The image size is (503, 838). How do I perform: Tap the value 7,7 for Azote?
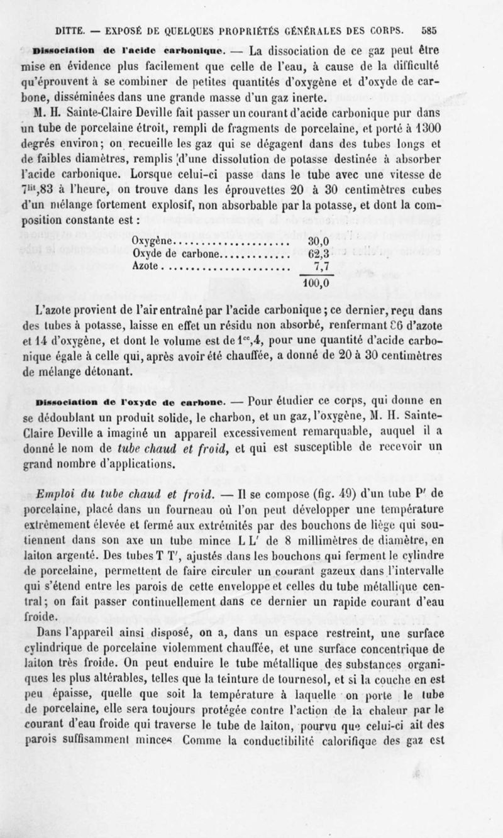[319, 265]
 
